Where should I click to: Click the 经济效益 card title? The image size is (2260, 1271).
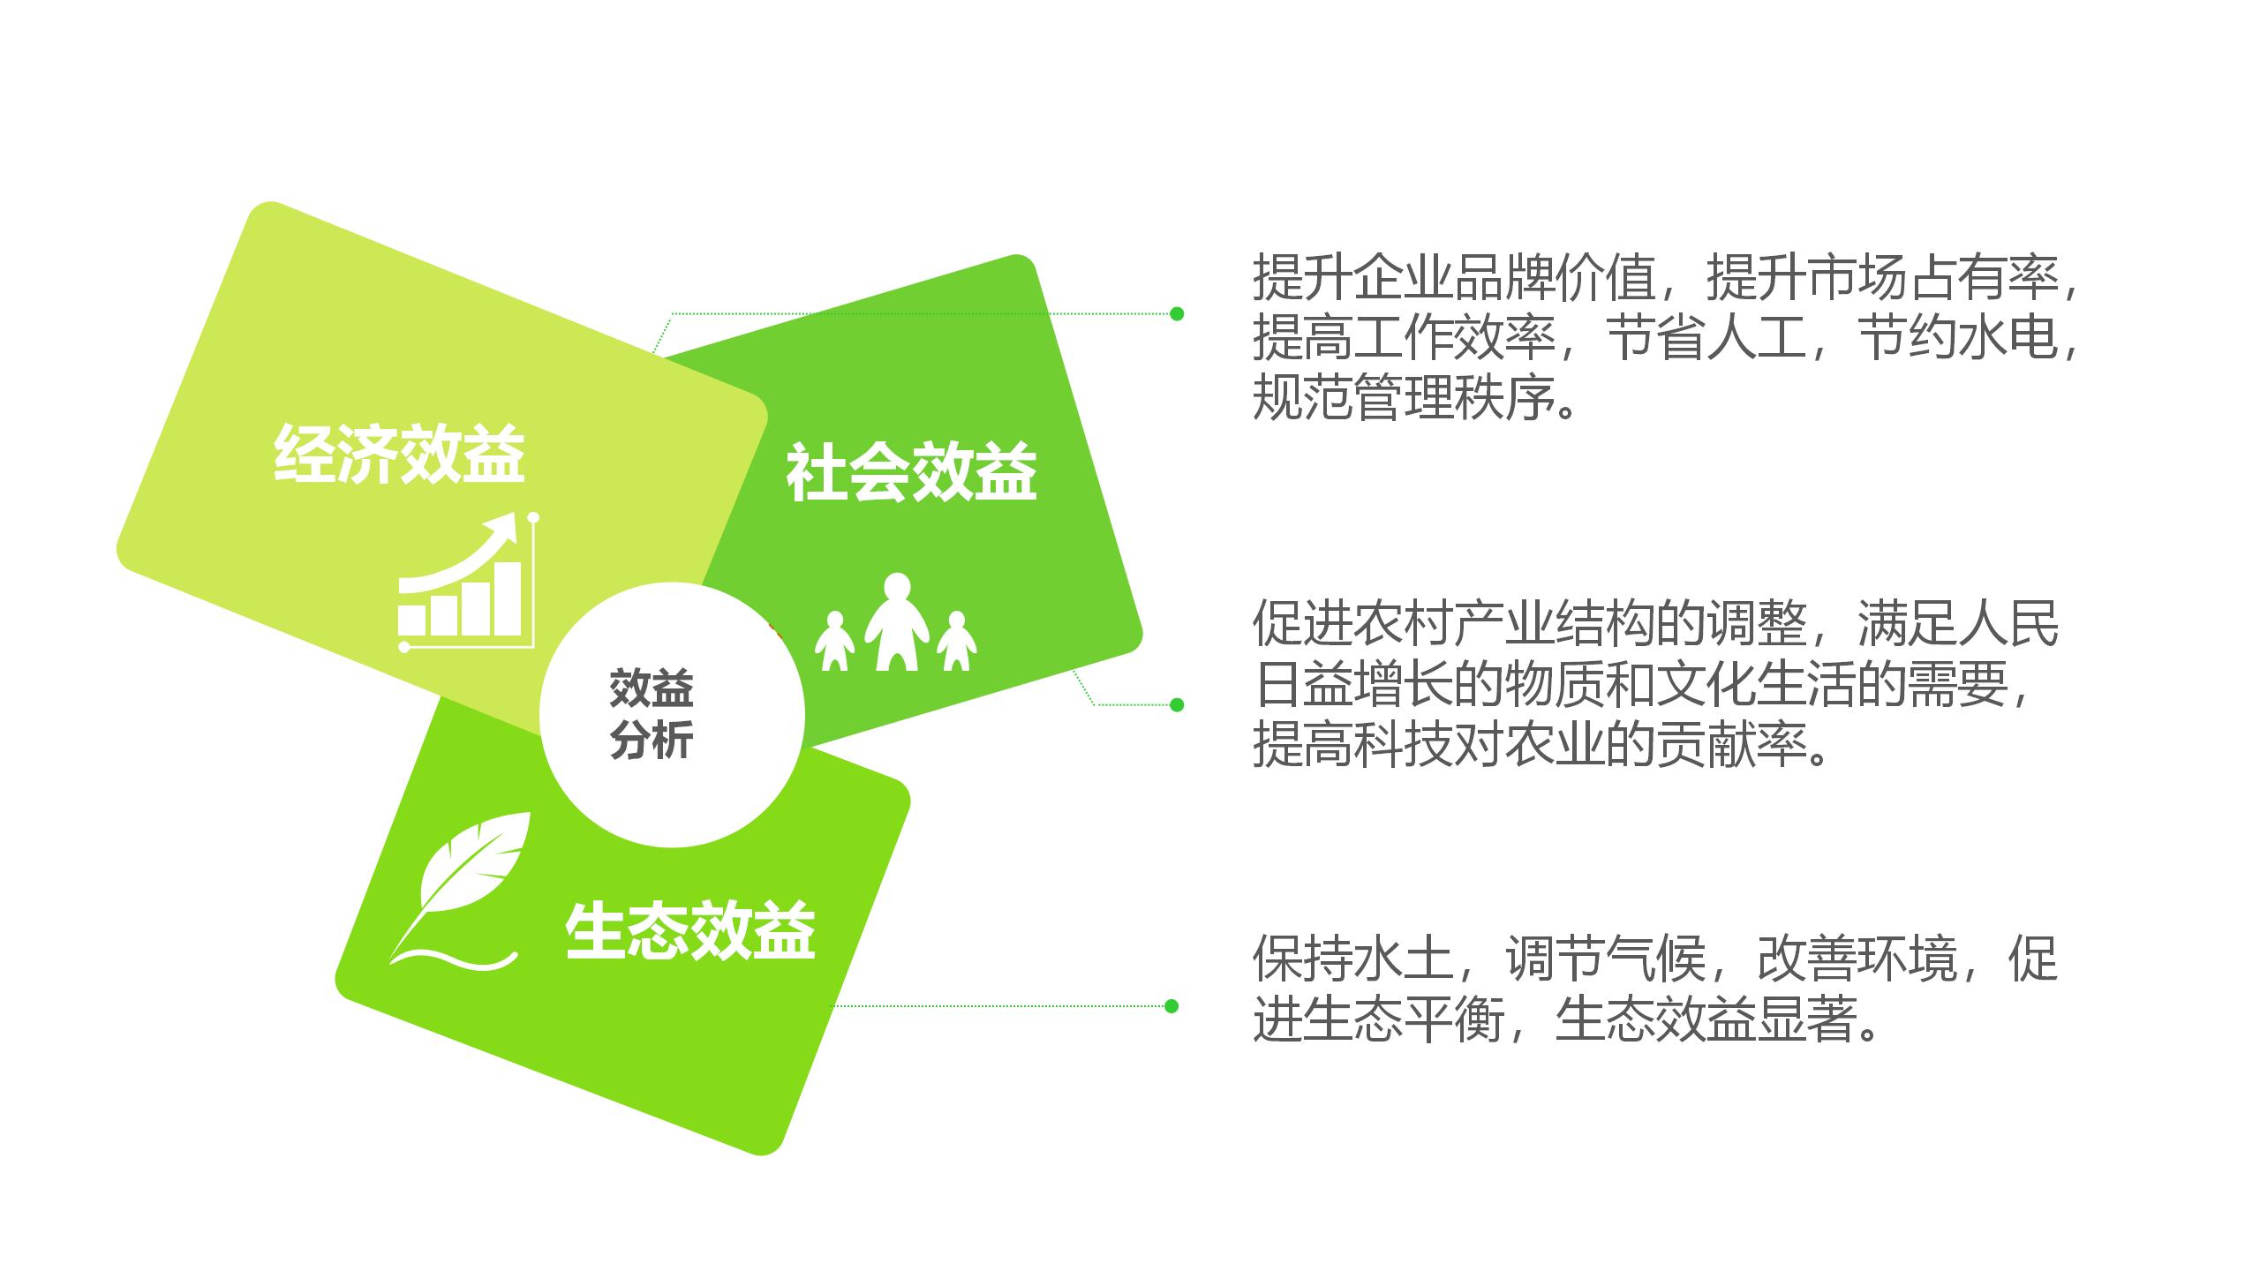[399, 454]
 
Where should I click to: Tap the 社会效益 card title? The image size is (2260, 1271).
[911, 472]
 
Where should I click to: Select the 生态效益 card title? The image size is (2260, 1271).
[689, 931]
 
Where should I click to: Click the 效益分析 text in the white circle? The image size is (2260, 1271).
[652, 714]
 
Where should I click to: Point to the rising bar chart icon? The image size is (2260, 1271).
[469, 583]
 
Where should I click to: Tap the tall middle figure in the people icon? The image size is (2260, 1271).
[897, 621]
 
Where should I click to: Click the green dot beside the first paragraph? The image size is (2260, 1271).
[1176, 313]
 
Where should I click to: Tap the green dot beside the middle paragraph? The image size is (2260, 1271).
[1176, 704]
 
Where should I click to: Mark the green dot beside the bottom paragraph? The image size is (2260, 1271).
[1171, 1006]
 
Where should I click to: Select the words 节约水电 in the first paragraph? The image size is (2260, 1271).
[1956, 338]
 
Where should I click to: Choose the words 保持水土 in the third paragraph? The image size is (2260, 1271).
[1353, 958]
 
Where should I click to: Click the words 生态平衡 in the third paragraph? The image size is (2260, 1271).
[1404, 1019]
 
